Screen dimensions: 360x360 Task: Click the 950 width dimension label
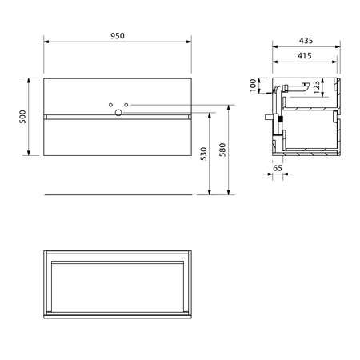pyautogui.click(x=118, y=36)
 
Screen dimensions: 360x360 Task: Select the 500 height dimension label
pyautogui.click(x=23, y=117)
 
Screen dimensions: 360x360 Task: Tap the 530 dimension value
pyautogui.click(x=203, y=154)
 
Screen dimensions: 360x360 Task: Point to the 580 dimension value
pyautogui.click(x=222, y=150)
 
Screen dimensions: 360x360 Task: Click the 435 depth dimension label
pyautogui.click(x=306, y=41)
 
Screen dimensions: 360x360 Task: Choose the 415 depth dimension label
pyautogui.click(x=305, y=56)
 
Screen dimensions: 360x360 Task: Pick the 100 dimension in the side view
pyautogui.click(x=253, y=86)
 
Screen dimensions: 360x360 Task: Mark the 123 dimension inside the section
pyautogui.click(x=317, y=87)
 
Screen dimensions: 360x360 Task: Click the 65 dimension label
pyautogui.click(x=278, y=168)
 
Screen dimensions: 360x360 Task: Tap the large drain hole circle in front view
pyautogui.click(x=118, y=113)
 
